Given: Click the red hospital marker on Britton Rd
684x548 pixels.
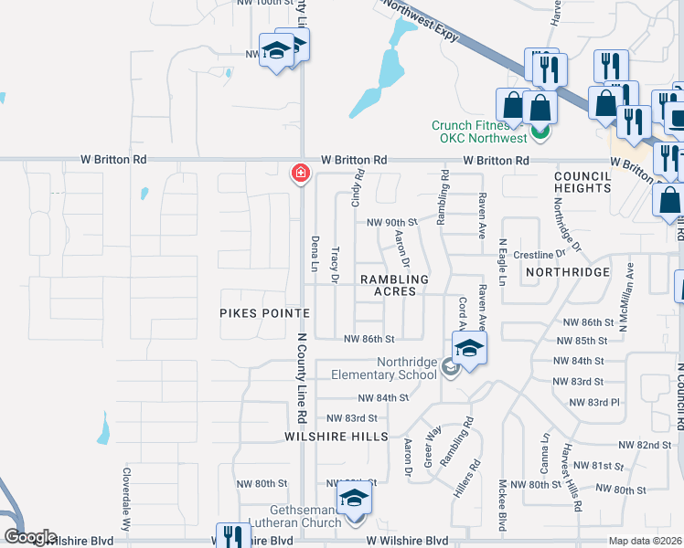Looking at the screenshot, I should pyautogui.click(x=299, y=173).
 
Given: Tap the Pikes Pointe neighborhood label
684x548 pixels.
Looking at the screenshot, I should pyautogui.click(x=264, y=312).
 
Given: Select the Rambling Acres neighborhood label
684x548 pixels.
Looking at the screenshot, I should pyautogui.click(x=394, y=285).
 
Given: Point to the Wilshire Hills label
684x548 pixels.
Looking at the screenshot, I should pyautogui.click(x=337, y=437).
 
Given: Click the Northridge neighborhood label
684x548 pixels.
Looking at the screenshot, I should pyautogui.click(x=567, y=272).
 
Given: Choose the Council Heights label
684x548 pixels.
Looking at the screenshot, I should pyautogui.click(x=582, y=181).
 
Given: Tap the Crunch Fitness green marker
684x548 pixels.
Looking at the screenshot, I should pyautogui.click(x=540, y=133).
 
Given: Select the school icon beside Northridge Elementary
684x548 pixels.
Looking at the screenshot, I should pyautogui.click(x=469, y=348).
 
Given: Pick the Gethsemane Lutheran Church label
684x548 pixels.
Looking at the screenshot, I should pyautogui.click(x=293, y=515).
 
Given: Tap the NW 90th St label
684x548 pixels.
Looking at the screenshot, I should pyautogui.click(x=391, y=222).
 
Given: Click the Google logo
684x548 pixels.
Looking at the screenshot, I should pyautogui.click(x=30, y=537).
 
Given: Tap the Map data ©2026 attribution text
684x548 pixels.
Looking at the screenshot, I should pyautogui.click(x=645, y=541).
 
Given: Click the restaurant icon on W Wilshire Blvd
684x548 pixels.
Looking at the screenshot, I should pyautogui.click(x=232, y=536).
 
